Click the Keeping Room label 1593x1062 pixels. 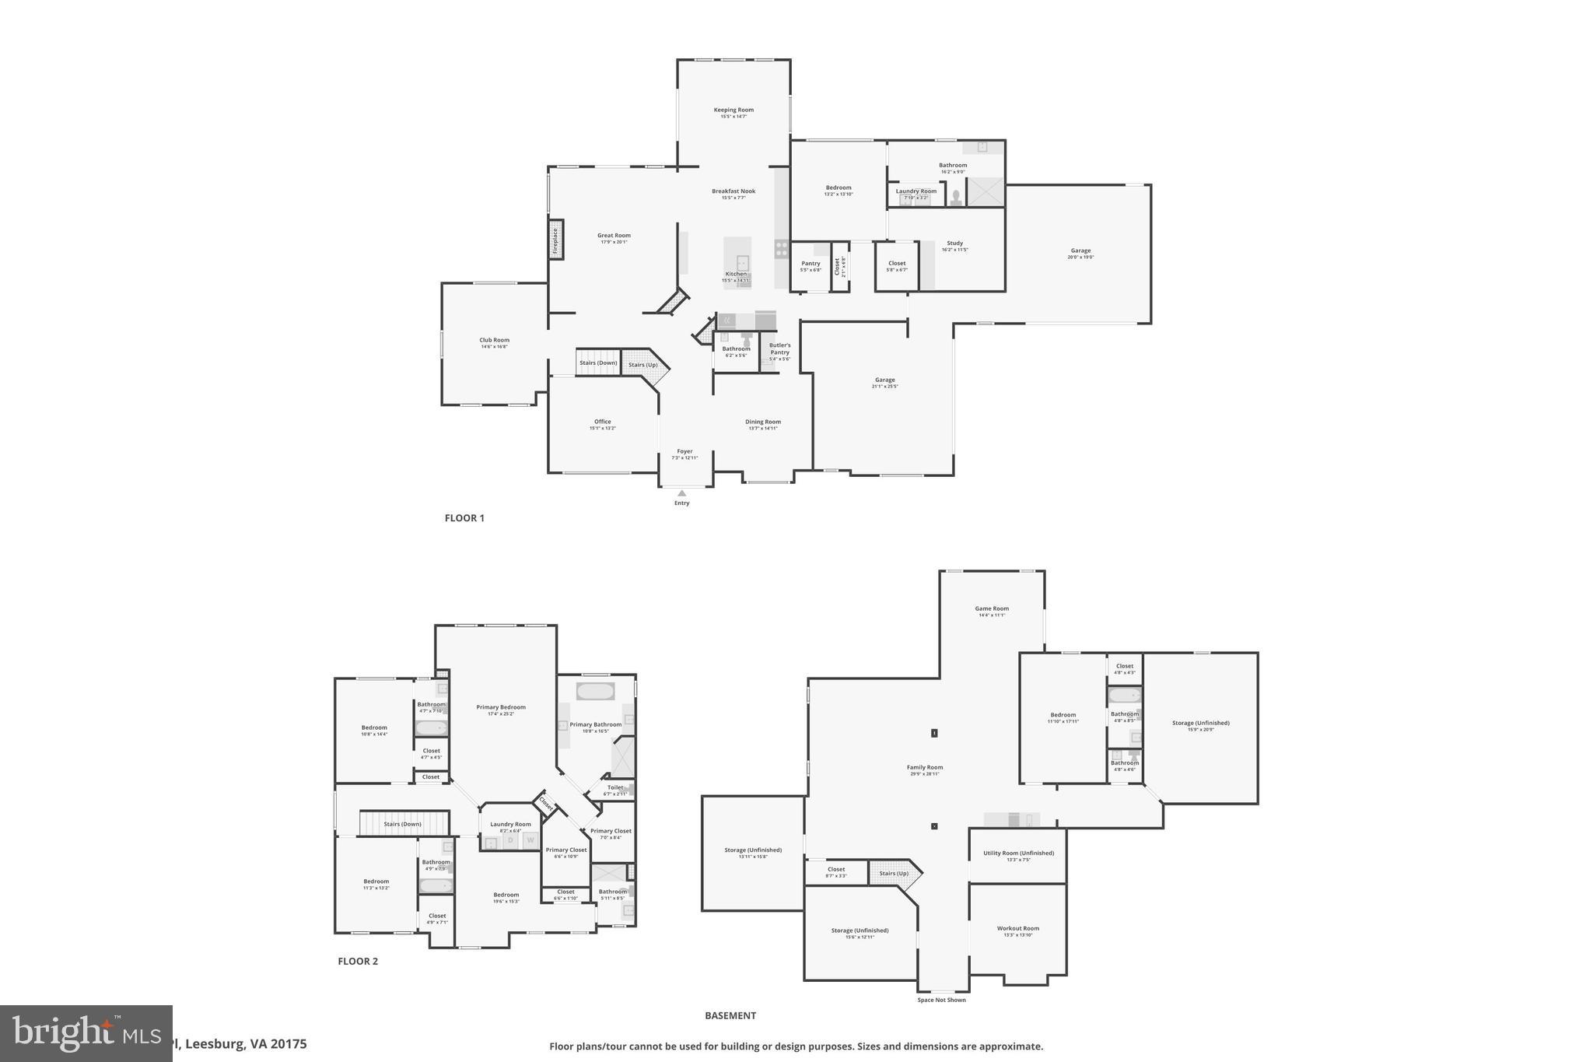coord(733,110)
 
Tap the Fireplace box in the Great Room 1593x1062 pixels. coord(555,241)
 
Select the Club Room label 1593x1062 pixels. coord(494,340)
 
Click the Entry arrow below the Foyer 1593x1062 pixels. coord(681,493)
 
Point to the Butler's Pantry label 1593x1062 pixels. coord(779,349)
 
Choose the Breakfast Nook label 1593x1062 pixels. coord(733,191)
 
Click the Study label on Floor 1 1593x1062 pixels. coord(954,244)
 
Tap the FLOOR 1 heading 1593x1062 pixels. coord(464,518)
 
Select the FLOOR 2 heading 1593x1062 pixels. coord(358,961)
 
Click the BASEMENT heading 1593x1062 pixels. coord(730,1015)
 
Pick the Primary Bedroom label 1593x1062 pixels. coord(501,708)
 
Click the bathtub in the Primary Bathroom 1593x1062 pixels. coord(595,691)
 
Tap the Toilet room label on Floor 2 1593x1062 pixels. coord(615,787)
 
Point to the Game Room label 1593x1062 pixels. coord(992,609)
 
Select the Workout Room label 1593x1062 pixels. coord(1018,928)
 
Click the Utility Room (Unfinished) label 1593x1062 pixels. coord(1018,853)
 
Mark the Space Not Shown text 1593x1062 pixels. coord(941,1000)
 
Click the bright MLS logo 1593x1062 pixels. coord(86,1033)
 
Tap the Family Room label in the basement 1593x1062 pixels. coord(925,768)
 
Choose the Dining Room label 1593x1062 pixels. coord(762,422)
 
